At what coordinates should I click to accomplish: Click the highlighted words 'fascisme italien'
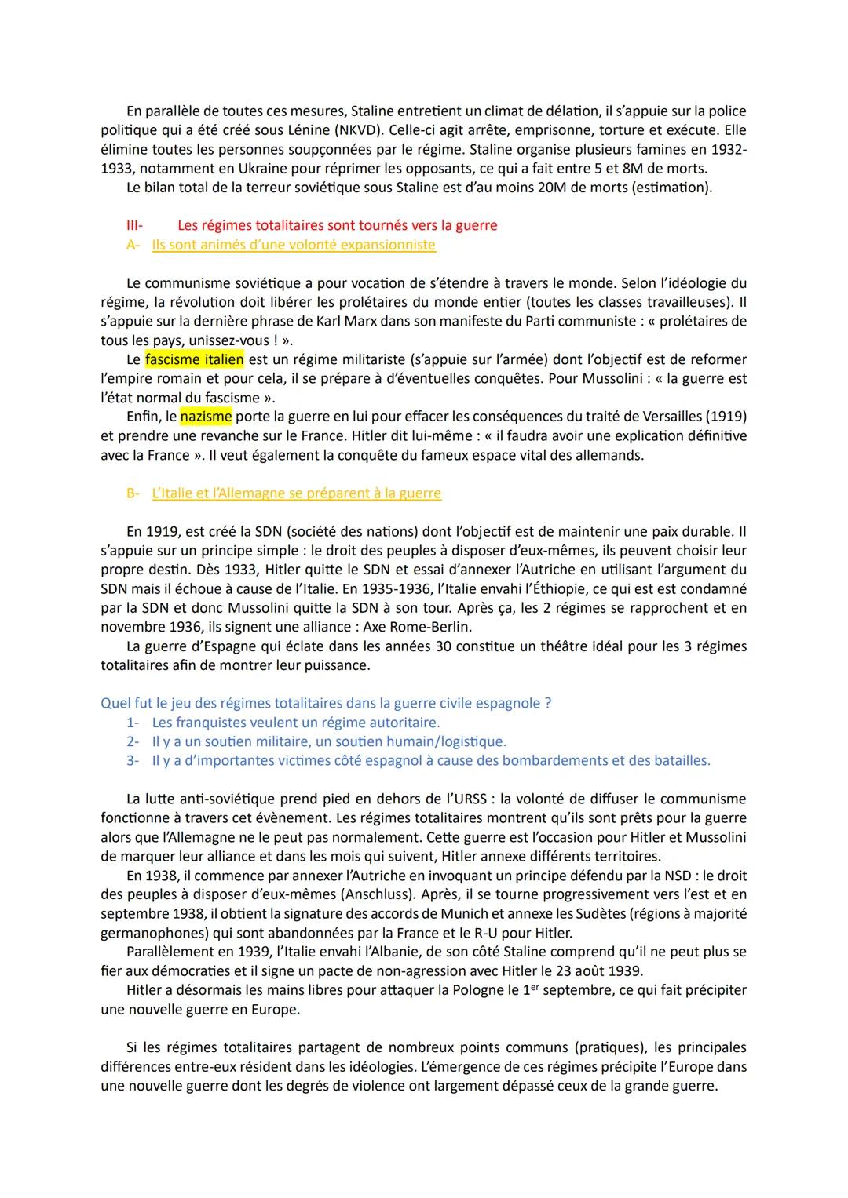194,359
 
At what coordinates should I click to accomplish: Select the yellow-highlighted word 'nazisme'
206,417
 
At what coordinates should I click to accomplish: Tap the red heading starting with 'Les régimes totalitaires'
337,225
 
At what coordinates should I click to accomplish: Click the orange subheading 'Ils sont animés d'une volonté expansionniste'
294,245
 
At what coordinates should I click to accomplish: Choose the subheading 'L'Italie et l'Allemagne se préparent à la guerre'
296,493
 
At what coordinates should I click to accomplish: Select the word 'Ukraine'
284,169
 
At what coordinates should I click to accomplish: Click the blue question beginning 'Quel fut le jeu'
326,703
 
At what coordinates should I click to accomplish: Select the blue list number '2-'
133,741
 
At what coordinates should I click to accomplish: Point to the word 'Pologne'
479,990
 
